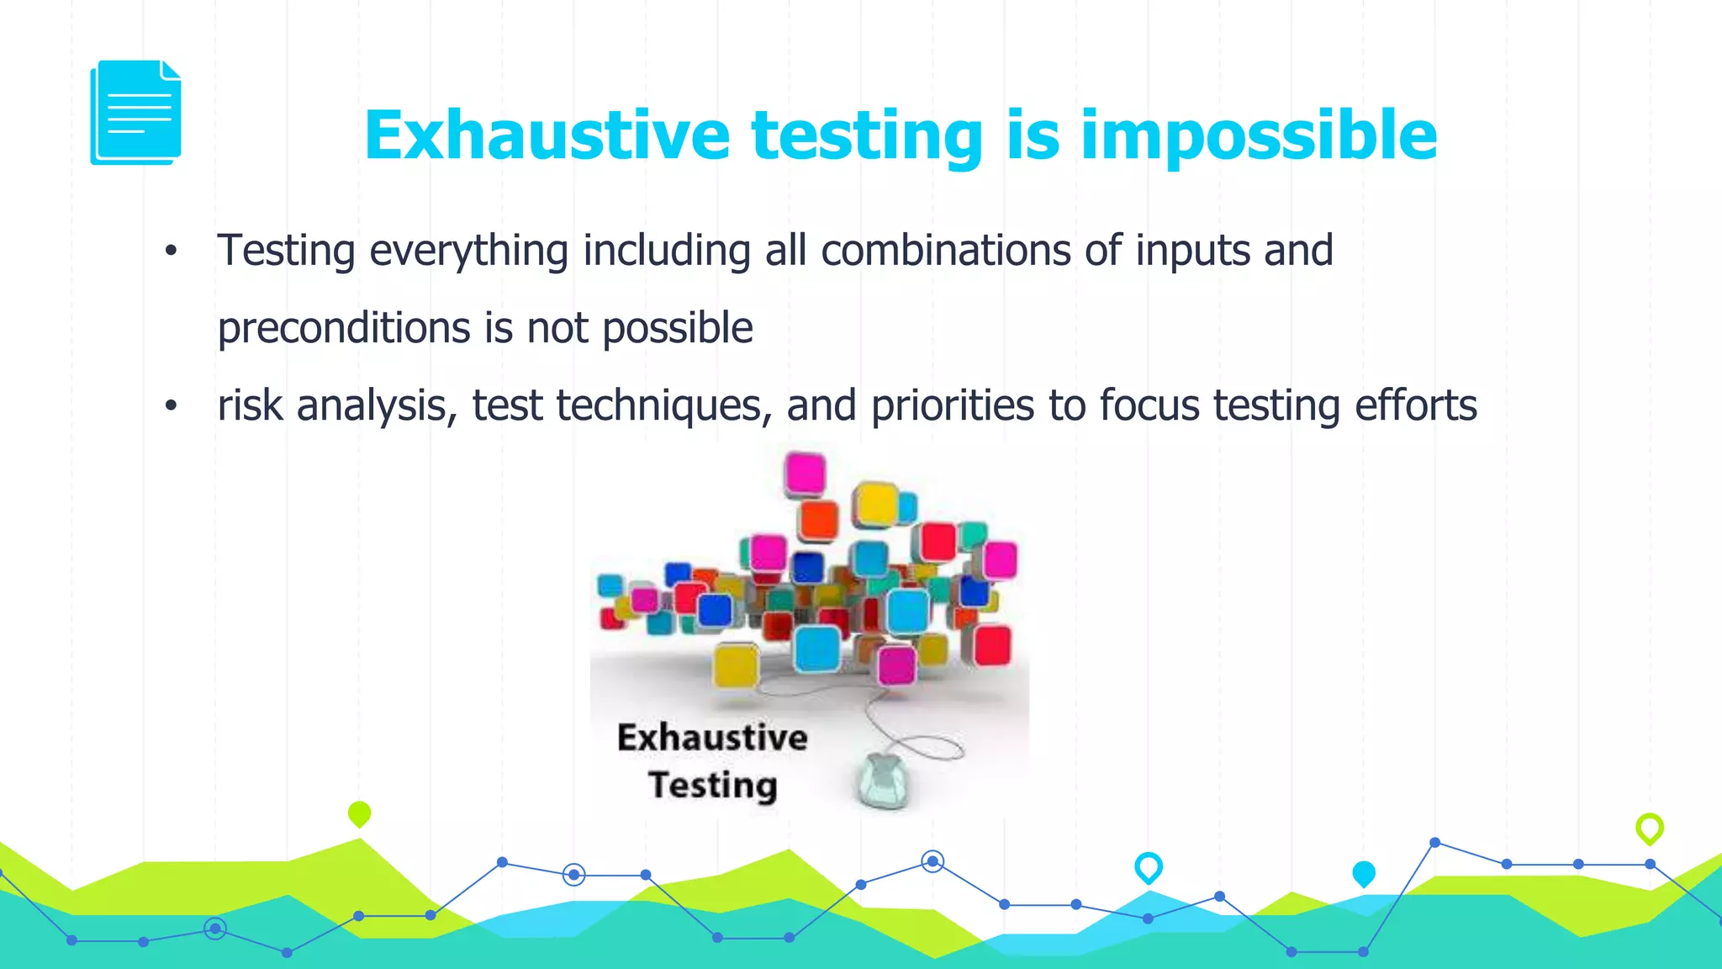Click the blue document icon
(136, 112)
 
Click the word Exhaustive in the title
(547, 135)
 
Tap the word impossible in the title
(1259, 135)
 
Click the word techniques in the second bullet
(663, 405)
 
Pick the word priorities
(953, 405)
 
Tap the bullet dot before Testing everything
(172, 251)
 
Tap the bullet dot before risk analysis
(172, 406)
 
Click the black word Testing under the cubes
(712, 786)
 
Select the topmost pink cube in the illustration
(805, 474)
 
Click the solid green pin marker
(359, 813)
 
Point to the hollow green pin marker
(1649, 828)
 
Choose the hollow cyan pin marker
(1148, 866)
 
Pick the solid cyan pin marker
(1363, 874)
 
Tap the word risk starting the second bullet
(250, 405)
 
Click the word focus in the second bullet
(1149, 405)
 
